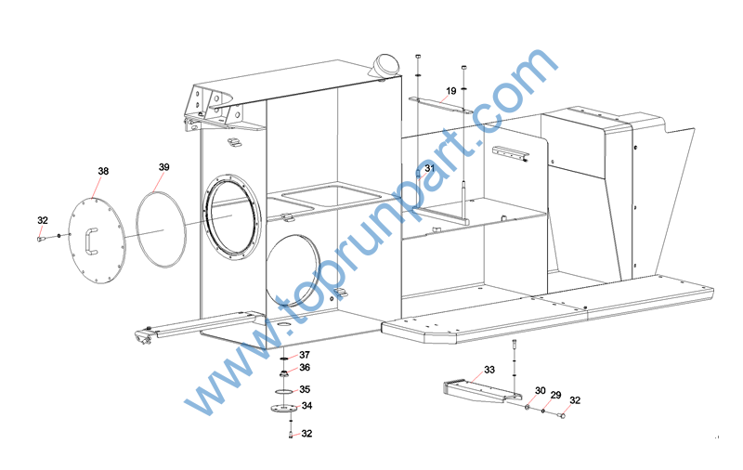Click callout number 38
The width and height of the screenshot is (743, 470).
(x=103, y=171)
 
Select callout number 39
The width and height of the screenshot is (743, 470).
(x=164, y=167)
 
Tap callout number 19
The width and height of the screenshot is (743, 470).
(x=451, y=91)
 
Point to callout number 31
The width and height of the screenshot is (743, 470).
(x=429, y=168)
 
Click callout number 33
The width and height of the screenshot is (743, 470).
(x=489, y=370)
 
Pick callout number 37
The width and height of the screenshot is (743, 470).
(x=305, y=355)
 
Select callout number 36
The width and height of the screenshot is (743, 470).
(x=305, y=368)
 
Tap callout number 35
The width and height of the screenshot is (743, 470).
(x=305, y=389)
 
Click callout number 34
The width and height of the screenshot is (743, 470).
(x=307, y=406)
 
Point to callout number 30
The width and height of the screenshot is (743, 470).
(x=541, y=390)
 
